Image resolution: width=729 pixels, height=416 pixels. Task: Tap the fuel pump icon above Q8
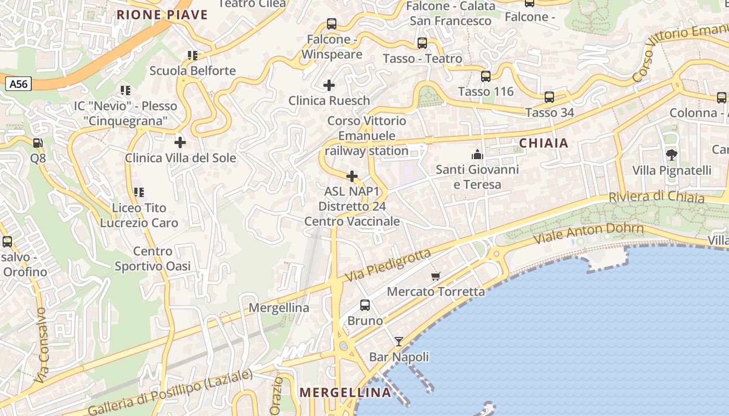click(38, 142)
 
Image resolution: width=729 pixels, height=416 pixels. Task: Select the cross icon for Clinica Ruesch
click(329, 85)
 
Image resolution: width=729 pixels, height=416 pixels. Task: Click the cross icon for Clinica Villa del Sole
click(180, 142)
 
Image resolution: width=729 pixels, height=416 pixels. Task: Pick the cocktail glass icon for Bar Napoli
click(399, 342)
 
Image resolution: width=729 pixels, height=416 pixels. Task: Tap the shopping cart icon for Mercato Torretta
click(436, 276)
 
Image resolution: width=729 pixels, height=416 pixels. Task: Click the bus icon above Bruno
click(365, 305)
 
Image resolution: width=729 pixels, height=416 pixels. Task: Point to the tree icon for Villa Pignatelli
click(672, 154)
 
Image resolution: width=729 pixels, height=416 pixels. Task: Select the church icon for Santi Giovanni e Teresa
click(477, 154)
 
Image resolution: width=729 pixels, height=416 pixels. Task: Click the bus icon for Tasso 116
click(486, 76)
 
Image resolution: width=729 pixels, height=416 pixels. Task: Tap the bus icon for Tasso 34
click(549, 97)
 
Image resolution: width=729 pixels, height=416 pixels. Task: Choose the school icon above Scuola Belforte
click(193, 55)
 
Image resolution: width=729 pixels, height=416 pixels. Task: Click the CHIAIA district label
click(544, 143)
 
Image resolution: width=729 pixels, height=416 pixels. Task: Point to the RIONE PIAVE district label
click(162, 15)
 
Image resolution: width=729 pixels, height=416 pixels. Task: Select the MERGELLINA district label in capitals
click(346, 393)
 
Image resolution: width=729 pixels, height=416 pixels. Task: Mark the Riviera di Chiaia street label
click(657, 197)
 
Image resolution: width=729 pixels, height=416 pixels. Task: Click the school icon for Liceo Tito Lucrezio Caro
click(139, 192)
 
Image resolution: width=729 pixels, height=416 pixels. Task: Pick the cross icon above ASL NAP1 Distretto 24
click(353, 176)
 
